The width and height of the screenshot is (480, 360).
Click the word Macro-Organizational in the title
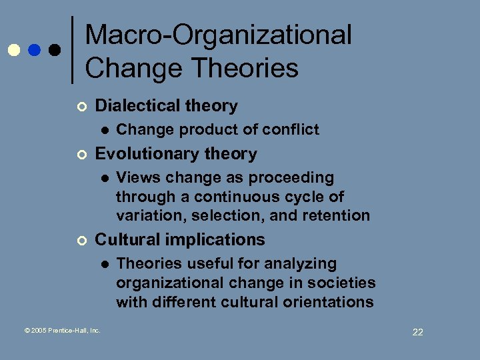click(219, 35)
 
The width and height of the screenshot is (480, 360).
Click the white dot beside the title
click(13, 50)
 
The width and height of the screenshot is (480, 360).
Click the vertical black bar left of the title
click(72, 50)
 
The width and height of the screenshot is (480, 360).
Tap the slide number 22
click(417, 332)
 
